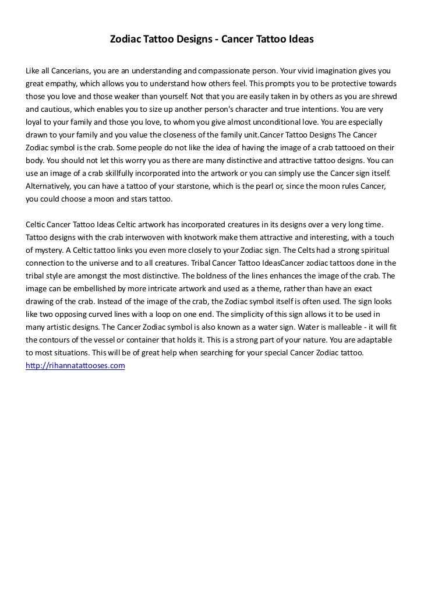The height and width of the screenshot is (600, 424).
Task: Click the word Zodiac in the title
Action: pos(125,40)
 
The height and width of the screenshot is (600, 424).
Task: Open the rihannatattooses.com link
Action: pos(76,366)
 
